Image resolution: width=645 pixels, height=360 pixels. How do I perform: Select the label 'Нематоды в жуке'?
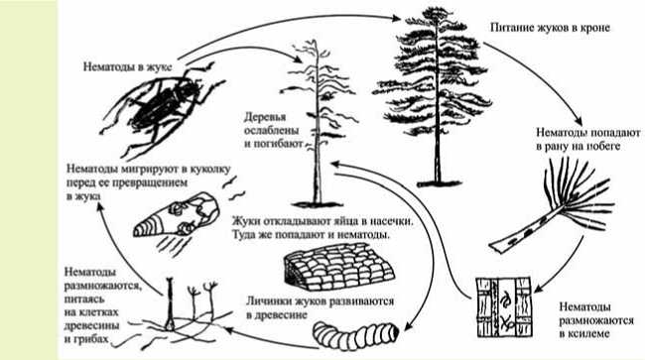click(x=128, y=66)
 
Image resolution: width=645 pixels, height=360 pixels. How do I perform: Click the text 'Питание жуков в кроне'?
click(x=550, y=28)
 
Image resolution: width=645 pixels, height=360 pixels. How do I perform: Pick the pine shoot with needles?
click(x=551, y=205)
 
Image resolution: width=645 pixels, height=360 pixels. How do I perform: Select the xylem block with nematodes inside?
click(x=503, y=307)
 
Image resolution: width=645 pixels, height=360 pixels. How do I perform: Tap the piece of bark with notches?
click(x=338, y=266)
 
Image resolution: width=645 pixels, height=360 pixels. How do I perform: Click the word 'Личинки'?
click(x=267, y=301)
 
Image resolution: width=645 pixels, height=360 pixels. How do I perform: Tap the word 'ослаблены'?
click(x=271, y=131)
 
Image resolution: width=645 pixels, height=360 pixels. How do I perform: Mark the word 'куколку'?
click(x=209, y=170)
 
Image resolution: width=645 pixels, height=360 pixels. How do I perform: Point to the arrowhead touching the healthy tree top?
click(x=396, y=18)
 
